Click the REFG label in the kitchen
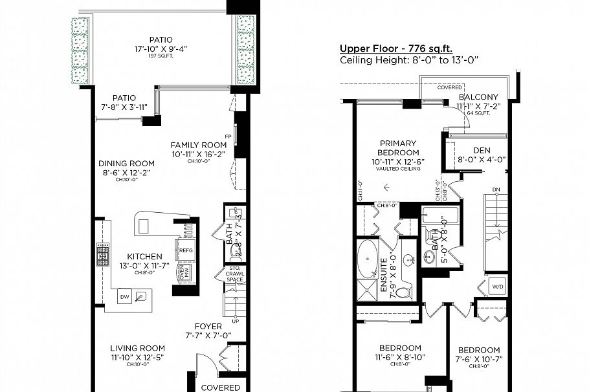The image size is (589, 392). [x=186, y=250]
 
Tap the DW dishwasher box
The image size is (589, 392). [x=124, y=296]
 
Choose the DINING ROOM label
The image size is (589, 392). [x=126, y=163]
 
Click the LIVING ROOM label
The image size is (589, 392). [x=137, y=347]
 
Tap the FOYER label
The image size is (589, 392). [x=208, y=326]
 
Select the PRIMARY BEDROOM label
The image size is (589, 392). [x=398, y=148]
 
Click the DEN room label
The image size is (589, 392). [x=481, y=149]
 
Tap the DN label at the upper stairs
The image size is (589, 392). [x=496, y=190]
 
